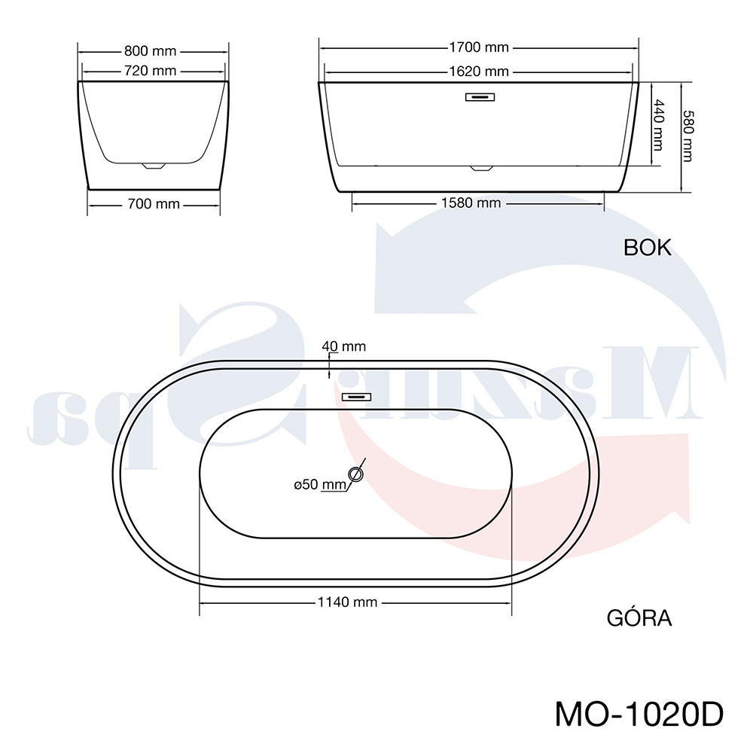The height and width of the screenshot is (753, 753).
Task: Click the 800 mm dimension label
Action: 151,51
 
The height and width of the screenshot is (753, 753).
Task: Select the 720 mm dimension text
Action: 151,71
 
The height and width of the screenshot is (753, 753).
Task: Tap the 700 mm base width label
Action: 154,204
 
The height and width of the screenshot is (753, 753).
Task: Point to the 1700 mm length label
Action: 479,47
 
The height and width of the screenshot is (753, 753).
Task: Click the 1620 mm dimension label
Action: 479,72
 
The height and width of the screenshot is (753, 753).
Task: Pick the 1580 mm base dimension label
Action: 471,203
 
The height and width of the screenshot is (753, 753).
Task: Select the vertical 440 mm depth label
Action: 658,125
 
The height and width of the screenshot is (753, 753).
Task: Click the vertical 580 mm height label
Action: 688,136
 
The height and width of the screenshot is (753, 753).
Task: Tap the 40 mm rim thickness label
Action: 344,346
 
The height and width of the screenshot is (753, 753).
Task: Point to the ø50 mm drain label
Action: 320,484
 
